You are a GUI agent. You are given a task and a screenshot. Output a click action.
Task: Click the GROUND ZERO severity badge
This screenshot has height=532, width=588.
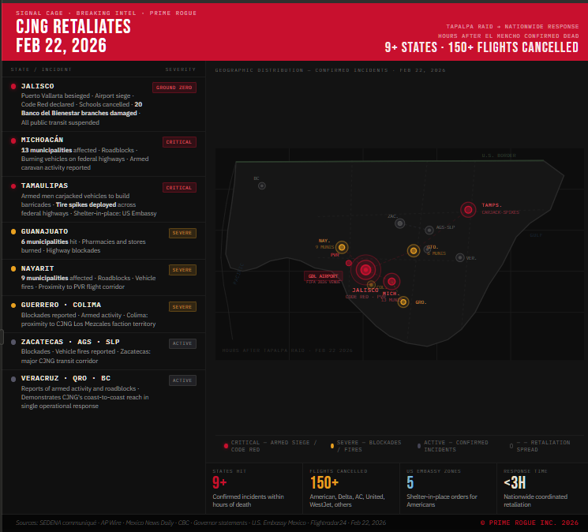174,88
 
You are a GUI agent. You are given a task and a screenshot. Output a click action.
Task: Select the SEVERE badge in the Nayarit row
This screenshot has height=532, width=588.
182,270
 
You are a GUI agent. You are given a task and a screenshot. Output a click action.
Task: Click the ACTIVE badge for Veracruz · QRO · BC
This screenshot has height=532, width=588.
182,380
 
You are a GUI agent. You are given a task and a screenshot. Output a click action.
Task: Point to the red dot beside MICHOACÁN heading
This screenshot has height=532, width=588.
13,140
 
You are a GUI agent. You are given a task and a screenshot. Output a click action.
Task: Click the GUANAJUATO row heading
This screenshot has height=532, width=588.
44,231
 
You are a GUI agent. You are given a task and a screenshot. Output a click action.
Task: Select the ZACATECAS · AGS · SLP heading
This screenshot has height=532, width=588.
70,342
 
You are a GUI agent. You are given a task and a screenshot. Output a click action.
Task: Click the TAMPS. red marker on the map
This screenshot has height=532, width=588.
468,209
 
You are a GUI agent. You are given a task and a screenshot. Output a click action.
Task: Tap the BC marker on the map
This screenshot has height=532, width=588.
262,185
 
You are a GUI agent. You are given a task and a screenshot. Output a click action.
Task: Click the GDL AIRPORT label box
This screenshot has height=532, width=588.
324,277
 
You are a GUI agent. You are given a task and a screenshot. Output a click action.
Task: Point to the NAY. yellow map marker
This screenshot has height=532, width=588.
342,247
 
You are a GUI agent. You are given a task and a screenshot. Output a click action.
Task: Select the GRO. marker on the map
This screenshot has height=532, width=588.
403,302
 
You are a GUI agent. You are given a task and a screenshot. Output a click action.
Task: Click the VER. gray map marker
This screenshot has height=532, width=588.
459,257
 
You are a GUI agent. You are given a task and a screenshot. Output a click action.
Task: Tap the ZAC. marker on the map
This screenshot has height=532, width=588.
400,223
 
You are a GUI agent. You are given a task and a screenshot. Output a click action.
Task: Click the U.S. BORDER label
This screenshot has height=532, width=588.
499,155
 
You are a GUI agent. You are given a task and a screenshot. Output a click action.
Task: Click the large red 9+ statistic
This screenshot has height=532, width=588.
219,483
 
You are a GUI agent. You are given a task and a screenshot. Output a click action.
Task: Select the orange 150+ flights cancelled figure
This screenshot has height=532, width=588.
324,483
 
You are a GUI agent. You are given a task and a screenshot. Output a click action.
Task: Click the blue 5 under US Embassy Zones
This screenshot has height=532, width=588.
410,483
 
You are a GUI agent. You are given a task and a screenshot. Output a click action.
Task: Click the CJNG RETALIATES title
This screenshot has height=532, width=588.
73,27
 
